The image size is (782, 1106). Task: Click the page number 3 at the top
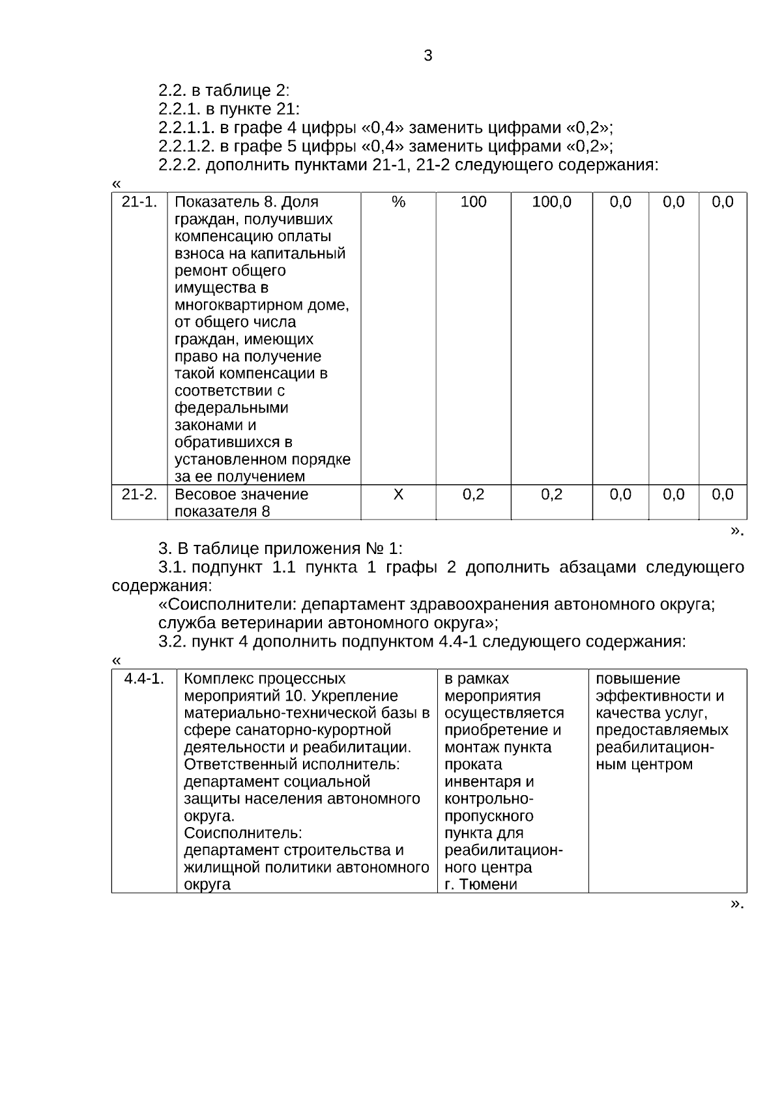(427, 56)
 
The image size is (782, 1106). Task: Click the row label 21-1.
(139, 202)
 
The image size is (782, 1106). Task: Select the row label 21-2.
(139, 495)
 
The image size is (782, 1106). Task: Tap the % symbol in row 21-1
(398, 202)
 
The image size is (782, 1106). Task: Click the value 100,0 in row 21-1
(551, 202)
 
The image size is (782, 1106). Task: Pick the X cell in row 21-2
(398, 495)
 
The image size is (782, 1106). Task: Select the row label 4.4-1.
(144, 679)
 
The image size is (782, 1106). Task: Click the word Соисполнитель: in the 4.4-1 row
(243, 833)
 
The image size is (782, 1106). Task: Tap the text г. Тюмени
(480, 884)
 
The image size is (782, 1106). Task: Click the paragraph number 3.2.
(172, 642)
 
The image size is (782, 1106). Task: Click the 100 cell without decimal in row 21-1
(473, 202)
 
